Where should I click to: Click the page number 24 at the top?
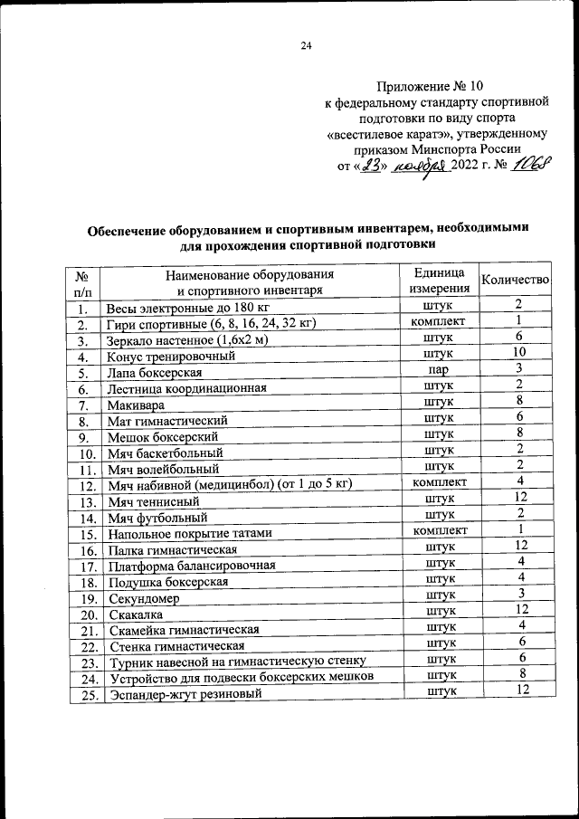pyautogui.click(x=305, y=47)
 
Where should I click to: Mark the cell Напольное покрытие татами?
pyautogui.click(x=188, y=535)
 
